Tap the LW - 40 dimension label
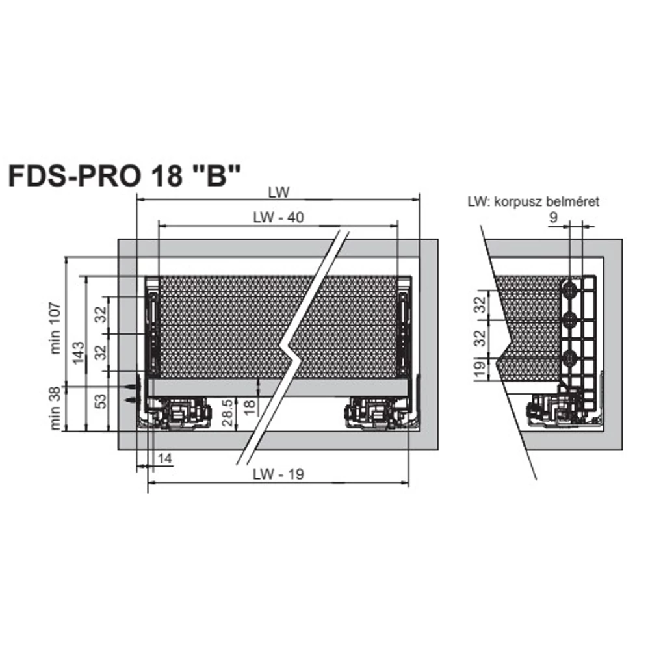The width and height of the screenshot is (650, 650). tap(279, 217)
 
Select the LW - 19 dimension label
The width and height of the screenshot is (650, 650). tap(279, 474)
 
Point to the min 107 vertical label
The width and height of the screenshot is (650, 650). tap(56, 328)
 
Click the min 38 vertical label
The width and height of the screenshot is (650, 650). tap(56, 408)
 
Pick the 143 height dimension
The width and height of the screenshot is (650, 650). tap(79, 353)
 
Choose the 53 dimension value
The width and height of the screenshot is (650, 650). tap(101, 401)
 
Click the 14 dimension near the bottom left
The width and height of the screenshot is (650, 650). tap(164, 458)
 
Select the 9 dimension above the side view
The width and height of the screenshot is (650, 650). tap(554, 217)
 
